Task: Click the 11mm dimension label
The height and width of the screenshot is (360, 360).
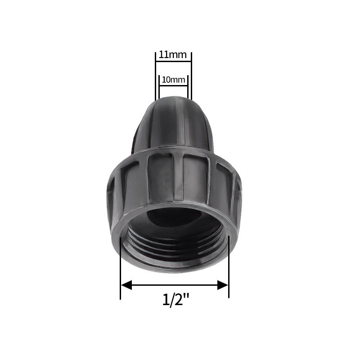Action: pos(173,55)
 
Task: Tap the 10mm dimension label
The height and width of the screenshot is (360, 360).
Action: pos(173,80)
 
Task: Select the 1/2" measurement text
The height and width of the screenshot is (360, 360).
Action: pos(175,299)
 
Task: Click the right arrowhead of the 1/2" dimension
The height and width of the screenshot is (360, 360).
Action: pos(223,284)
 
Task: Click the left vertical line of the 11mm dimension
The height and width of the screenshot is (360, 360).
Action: pos(156,76)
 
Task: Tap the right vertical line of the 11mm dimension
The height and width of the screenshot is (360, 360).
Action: pos(191,76)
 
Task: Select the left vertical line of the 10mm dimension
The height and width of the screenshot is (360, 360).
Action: pos(159,88)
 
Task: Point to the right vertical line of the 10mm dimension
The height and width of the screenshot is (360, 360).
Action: pos(187,88)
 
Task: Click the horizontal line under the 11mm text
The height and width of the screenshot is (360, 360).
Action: pos(173,62)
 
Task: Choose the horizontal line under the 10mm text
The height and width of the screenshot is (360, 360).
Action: pos(173,85)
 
